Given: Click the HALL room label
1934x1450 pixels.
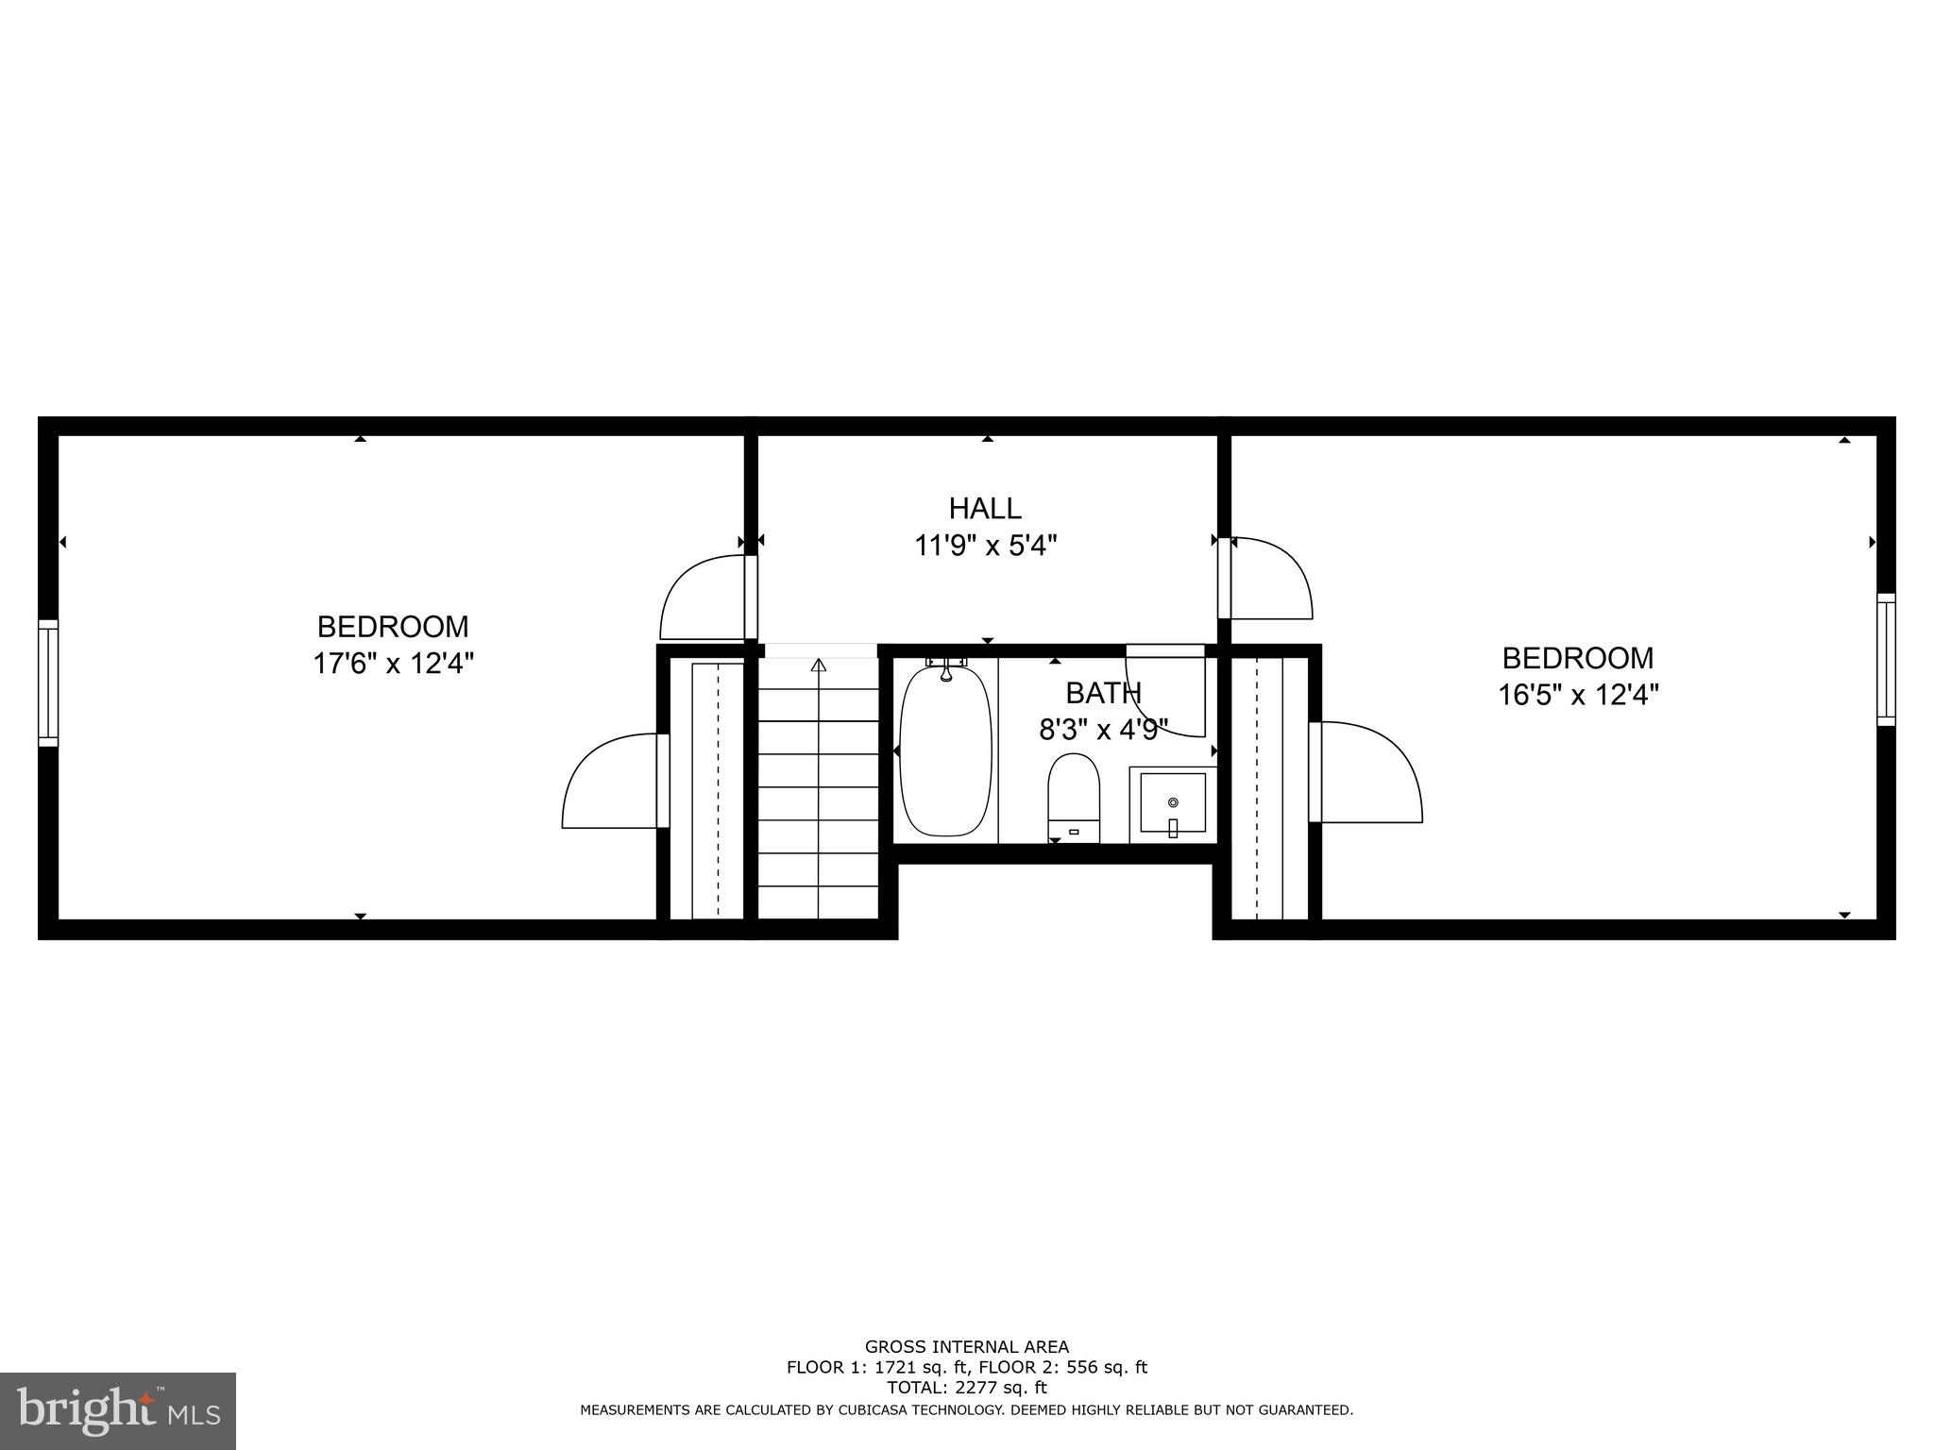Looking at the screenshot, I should [x=985, y=509].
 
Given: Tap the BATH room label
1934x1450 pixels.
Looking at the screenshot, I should [x=1103, y=693].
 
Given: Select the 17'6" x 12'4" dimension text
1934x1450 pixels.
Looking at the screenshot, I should [x=393, y=664].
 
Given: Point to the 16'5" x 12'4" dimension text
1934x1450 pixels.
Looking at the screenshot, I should [x=1578, y=695].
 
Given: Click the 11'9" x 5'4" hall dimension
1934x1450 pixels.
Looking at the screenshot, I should [x=985, y=546].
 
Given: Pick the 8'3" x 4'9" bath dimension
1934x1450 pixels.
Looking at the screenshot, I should [x=1103, y=729].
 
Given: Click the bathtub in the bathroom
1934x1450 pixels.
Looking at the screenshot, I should [x=945, y=750].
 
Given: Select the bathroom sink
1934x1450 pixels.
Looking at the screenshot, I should [x=1173, y=802].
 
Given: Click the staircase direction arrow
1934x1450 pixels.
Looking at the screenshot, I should [x=819, y=666].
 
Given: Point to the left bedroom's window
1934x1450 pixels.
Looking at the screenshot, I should [x=48, y=683].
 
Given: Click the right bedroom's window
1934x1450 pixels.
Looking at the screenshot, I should [x=1886, y=659].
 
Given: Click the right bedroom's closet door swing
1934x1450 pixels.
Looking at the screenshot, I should [x=1368, y=772].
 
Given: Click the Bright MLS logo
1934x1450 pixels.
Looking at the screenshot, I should [x=118, y=1410].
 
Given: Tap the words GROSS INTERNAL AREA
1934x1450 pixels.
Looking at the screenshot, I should [x=967, y=1347].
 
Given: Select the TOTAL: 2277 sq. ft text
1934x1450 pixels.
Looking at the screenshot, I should [x=967, y=1387].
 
